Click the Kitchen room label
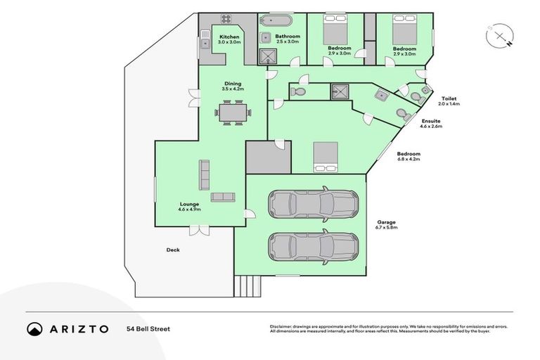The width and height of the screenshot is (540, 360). pyautogui.click(x=229, y=39)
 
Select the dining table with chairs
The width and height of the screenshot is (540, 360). pyautogui.click(x=233, y=112)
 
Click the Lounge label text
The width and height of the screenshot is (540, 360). pyautogui.click(x=189, y=207)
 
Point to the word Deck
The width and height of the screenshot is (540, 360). pyautogui.click(x=172, y=250)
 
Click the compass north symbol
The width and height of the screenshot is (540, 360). pyautogui.click(x=499, y=37)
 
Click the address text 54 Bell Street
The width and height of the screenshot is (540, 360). pyautogui.click(x=148, y=328)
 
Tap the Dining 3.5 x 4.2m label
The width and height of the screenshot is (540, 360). pyautogui.click(x=232, y=86)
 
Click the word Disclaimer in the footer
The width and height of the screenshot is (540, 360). pyautogui.click(x=281, y=326)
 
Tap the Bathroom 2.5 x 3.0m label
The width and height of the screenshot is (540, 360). pyautogui.click(x=288, y=39)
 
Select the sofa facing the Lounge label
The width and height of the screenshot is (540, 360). pyautogui.click(x=223, y=196)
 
